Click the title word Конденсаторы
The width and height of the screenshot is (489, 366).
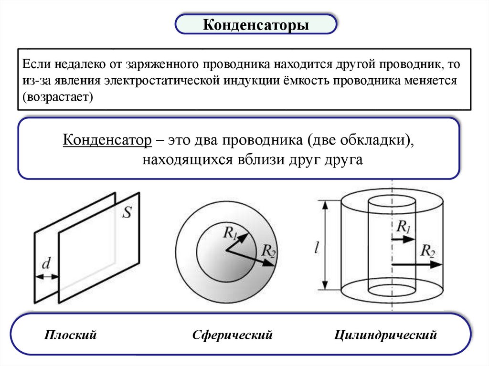255,24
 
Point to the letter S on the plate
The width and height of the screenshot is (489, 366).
127,213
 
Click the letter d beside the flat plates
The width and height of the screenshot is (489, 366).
46,264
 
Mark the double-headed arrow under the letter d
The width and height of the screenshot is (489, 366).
46,276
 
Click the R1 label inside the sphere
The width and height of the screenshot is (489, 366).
230,232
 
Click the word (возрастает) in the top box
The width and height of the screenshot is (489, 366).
56,97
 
